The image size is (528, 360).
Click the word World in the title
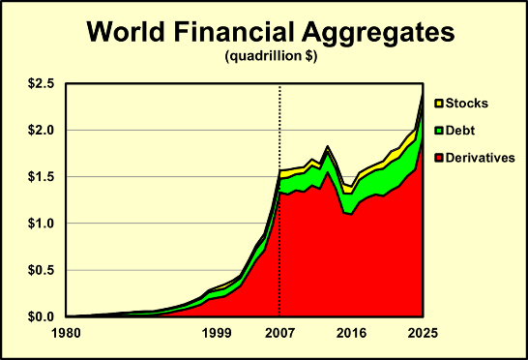point(130,32)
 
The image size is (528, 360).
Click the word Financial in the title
point(241,32)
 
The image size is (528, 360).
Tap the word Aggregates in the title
point(377,32)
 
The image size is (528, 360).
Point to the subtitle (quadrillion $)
point(271,57)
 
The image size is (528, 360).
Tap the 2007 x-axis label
point(279,334)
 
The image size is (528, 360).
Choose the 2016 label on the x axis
point(351,334)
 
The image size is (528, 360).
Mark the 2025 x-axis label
point(423,334)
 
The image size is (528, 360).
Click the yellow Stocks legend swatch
point(438,103)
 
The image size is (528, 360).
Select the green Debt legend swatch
point(438,130)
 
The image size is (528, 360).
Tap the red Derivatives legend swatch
point(438,157)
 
